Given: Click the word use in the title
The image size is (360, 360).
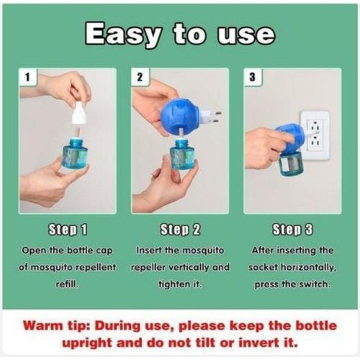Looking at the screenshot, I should click(240, 33).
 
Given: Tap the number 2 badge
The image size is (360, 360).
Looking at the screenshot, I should click(139, 76).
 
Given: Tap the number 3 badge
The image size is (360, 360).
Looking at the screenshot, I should click(252, 76).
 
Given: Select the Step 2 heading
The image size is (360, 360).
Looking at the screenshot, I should click(181, 230).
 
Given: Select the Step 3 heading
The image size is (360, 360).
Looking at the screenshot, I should click(293, 230).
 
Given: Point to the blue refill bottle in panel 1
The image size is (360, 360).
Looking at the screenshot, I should click(73, 153).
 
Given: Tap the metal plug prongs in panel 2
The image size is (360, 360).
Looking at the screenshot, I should click(213, 114).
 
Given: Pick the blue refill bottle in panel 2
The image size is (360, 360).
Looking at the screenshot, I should click(181, 153).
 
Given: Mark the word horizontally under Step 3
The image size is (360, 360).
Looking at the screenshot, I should click(305, 267).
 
